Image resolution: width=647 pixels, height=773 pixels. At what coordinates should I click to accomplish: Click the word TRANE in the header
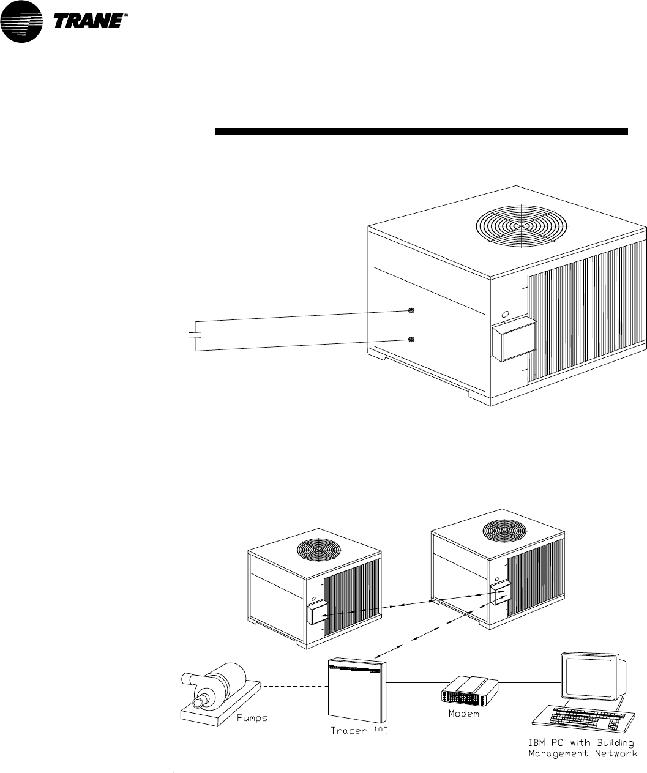coord(89,23)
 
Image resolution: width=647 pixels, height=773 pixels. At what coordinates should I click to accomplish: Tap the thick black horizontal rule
coord(422,131)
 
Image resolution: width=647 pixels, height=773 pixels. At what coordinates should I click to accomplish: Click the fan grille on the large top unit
coord(520,225)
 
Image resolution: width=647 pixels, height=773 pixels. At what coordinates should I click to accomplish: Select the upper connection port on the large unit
coord(411,311)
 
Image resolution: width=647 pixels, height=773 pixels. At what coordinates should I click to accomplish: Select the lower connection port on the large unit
coord(411,339)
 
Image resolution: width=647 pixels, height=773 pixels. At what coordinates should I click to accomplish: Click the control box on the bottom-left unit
coord(317,612)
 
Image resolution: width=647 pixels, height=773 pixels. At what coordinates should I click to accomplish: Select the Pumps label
coord(252,717)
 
